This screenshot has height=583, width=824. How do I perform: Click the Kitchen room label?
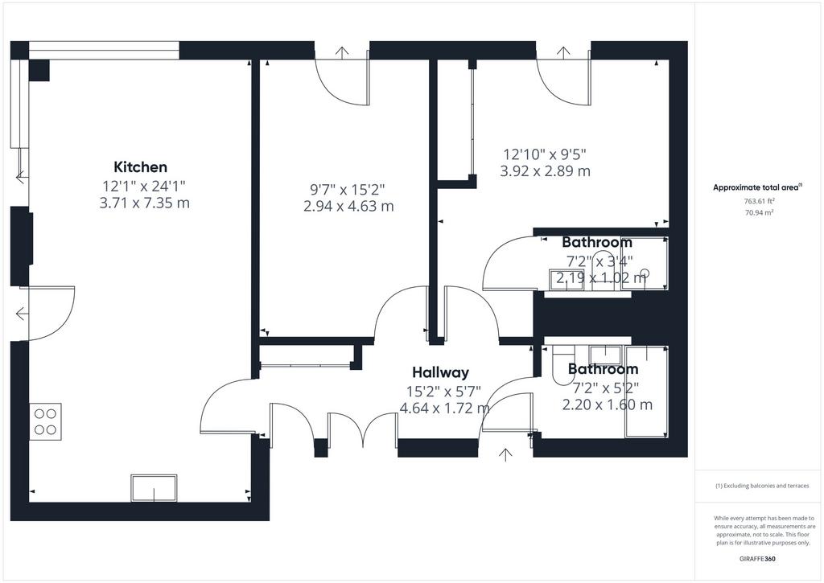click(x=140, y=167)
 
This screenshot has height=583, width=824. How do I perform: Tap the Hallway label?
click(x=440, y=372)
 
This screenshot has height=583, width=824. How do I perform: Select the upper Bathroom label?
click(x=597, y=242)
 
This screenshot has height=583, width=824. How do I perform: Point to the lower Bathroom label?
click(x=604, y=369)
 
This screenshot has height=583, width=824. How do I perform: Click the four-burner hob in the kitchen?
click(x=46, y=421)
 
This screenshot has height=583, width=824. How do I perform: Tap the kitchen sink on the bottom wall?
click(x=154, y=488)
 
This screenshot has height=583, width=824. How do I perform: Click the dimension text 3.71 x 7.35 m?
click(x=145, y=203)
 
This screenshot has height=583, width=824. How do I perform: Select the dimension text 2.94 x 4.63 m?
click(x=348, y=206)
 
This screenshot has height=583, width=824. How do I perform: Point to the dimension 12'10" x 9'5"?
click(x=545, y=154)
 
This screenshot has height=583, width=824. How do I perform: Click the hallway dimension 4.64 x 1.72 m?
click(x=445, y=408)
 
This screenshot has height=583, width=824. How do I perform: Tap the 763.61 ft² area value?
click(x=760, y=201)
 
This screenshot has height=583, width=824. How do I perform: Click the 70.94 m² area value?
click(x=760, y=212)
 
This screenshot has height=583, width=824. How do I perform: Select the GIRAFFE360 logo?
click(x=757, y=559)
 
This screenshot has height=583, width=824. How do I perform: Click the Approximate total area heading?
click(x=757, y=187)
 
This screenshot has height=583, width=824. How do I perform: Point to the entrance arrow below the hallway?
click(x=505, y=455)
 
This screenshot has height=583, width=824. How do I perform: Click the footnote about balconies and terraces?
click(x=762, y=486)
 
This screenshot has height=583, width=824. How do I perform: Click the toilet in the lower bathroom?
click(x=562, y=364)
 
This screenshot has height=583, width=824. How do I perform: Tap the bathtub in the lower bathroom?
click(x=646, y=392)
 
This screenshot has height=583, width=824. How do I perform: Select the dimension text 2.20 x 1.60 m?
click(x=608, y=404)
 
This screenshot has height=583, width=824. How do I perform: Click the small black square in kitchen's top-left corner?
click(x=39, y=70)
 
